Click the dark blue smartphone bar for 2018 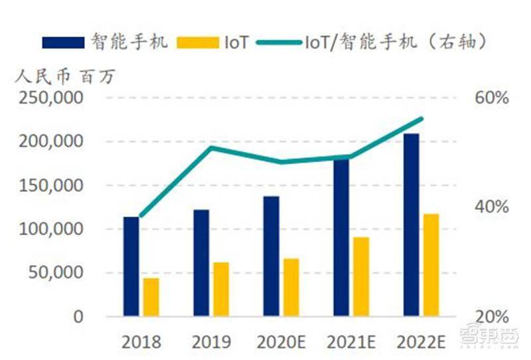pos(131,266)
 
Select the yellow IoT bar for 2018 pos(151,298)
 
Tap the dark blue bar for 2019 pos(201,263)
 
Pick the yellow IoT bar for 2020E pos(291,288)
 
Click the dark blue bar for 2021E pos(341,238)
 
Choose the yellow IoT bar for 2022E pos(431,265)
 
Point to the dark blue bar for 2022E pos(411,225)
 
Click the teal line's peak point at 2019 pos(211,147)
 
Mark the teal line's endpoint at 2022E pos(421,118)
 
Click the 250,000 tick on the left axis pos(51,98)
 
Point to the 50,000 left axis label pos(56,272)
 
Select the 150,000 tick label pos(51,185)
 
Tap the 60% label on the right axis pos(492,98)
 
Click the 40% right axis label pos(492,207)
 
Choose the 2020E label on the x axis pos(281,342)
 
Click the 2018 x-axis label pos(141,342)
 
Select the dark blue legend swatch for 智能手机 pos(63,43)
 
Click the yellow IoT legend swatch pos(198,43)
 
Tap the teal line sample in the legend pos(279,43)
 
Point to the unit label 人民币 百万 pos(65,76)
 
